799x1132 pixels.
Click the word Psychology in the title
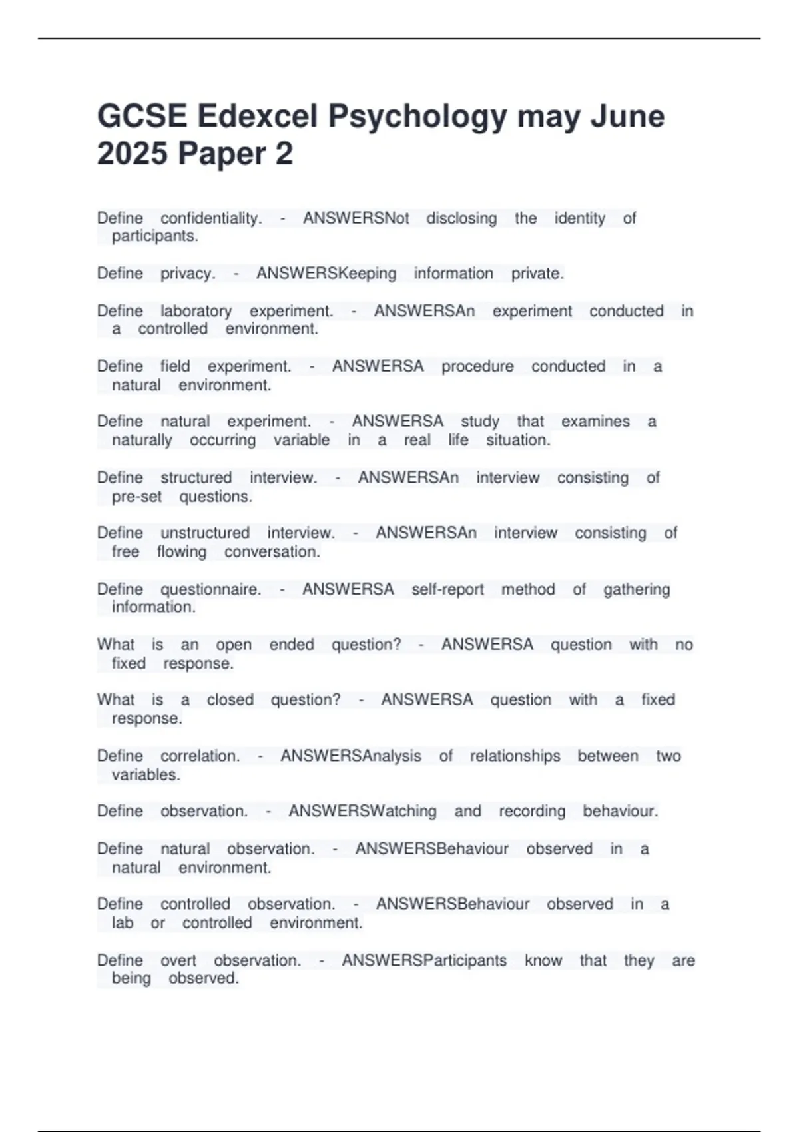417,117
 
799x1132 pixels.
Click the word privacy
188,274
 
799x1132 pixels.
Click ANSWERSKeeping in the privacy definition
326,274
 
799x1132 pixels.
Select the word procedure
477,366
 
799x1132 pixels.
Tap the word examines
595,422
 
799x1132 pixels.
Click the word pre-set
136,497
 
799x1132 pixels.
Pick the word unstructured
205,533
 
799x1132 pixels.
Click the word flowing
182,552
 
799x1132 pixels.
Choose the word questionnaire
210,589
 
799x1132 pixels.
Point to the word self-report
447,589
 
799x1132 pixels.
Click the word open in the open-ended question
234,645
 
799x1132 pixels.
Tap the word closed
230,700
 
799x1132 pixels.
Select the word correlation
200,756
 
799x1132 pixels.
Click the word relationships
515,756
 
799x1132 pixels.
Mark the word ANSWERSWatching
362,811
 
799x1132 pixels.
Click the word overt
178,960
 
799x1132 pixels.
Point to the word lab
123,923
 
